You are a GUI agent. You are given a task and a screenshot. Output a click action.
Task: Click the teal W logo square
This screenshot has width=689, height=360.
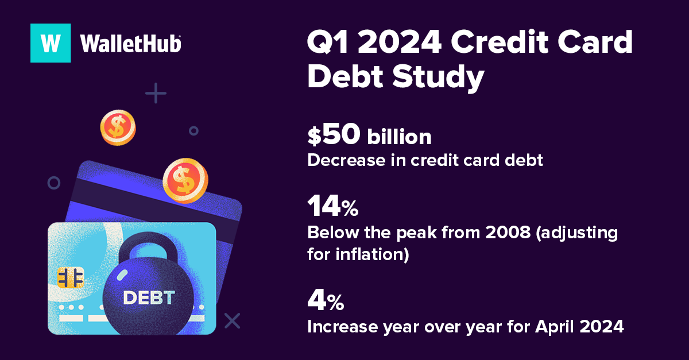tap(51, 42)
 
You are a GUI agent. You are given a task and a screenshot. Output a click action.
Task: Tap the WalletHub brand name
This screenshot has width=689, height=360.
tap(131, 44)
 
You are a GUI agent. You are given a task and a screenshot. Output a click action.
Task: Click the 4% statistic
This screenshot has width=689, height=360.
tap(325, 300)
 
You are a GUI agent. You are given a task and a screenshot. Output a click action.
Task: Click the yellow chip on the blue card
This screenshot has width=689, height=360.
tap(71, 277)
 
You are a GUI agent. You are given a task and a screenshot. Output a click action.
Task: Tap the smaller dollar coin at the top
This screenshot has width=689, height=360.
tap(118, 127)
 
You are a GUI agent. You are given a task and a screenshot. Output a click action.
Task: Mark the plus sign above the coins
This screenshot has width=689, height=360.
tap(156, 93)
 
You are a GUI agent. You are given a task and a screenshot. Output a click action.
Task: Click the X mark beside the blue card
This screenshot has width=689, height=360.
tap(232, 320)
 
